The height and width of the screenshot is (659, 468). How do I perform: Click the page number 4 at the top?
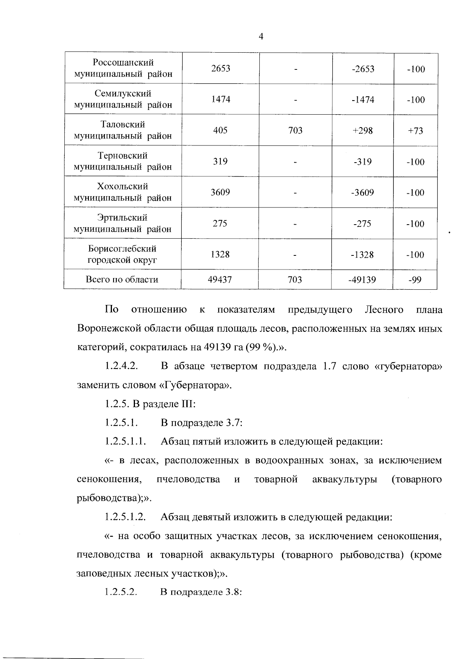coord(261,37)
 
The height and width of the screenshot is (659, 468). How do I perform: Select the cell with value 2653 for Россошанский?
coord(221,69)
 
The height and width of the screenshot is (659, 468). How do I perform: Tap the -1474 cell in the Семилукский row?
coord(363,100)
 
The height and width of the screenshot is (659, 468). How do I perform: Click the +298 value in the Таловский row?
coord(363,131)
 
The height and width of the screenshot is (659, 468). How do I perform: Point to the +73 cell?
coord(415,131)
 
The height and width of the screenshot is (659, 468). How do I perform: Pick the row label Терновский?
coord(122,156)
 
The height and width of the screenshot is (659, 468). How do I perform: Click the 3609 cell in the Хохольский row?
coord(220,192)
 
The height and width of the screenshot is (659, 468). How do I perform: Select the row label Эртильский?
coord(122,218)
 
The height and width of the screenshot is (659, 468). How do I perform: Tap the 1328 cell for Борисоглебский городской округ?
coord(220,255)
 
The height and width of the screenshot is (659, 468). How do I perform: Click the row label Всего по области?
coord(122,279)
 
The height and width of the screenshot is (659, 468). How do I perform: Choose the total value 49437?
coord(220,280)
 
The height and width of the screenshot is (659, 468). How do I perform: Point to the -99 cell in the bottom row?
coord(415,280)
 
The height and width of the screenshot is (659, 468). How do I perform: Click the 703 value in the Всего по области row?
coord(295,280)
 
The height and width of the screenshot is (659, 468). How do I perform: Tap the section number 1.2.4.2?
coord(122,367)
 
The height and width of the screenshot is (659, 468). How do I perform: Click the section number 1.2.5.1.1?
coord(125,441)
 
